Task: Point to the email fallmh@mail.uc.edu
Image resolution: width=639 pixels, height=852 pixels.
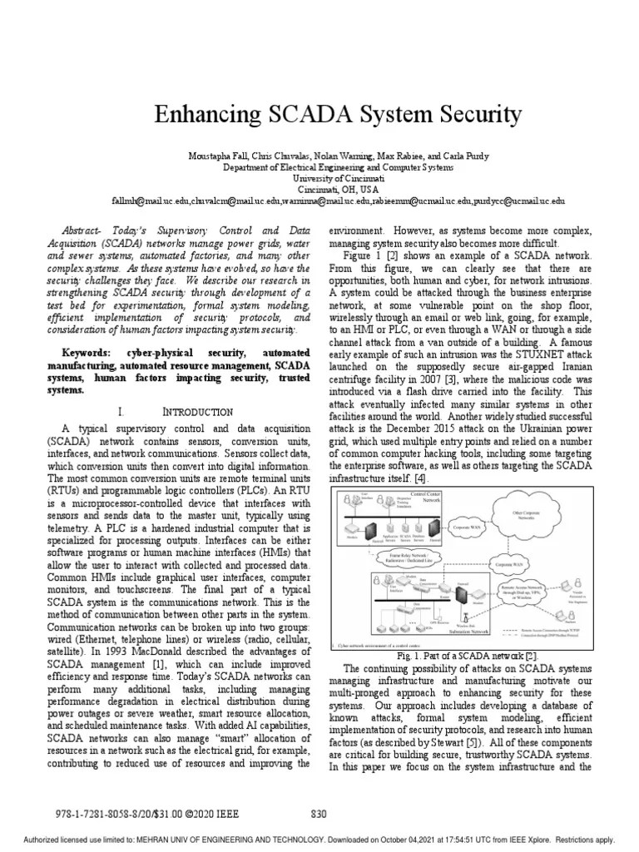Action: click(146, 201)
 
